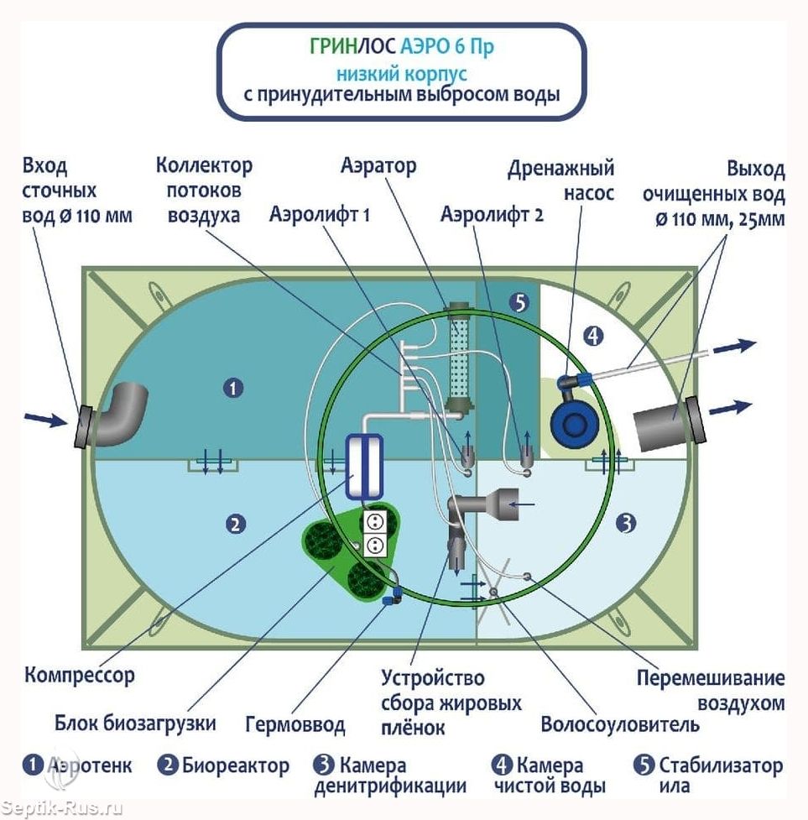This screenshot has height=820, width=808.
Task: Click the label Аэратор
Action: pos(378,165)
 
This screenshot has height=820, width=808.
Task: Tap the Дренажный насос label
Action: pos(560,180)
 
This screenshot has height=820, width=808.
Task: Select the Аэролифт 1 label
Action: pos(320,215)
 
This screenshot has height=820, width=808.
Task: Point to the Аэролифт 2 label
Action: pos(492,215)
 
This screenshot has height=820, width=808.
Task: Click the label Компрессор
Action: pos(80,674)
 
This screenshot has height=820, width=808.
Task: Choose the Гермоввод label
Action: pos(295,723)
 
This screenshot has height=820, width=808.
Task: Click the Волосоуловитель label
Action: pos(619,723)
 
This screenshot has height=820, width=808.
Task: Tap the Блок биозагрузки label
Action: pos(136,723)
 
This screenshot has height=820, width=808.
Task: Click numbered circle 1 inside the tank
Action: pos(233,388)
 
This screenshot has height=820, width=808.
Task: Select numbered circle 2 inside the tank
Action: pos(236,525)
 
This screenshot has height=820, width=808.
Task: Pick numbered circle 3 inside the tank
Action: pos(625,525)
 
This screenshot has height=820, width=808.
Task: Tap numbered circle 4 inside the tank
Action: pos(593,337)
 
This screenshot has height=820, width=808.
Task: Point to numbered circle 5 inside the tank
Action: pos(519,304)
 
